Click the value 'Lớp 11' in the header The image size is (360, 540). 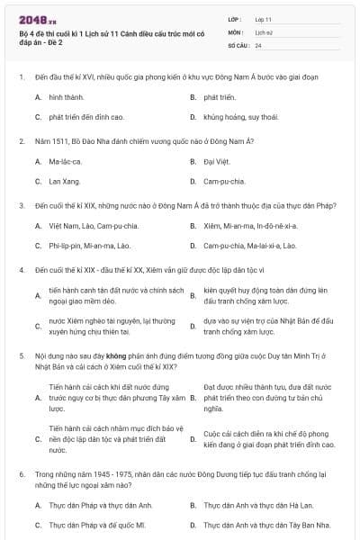[x=264, y=18]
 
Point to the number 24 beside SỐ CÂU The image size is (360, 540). [x=258, y=45]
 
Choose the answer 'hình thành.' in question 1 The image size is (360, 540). [x=66, y=95]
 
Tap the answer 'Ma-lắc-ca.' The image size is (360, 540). [x=66, y=161]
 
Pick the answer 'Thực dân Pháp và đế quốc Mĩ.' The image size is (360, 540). [x=97, y=525]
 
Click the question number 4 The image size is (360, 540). [x=21, y=269]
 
